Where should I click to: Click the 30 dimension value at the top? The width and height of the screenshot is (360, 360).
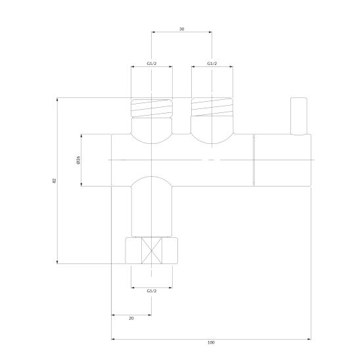[181, 29]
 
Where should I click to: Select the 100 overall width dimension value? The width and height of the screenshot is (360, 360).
[211, 342]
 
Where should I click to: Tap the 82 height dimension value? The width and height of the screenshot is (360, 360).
[55, 181]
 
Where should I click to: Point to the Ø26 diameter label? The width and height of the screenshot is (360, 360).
[78, 160]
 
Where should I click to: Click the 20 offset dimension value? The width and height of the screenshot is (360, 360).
[131, 319]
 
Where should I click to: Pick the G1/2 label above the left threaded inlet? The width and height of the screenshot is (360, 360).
[152, 64]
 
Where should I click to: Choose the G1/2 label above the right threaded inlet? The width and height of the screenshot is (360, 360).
[212, 64]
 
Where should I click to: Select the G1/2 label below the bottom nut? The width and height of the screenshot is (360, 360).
[152, 291]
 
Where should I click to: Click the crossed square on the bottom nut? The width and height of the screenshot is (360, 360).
[152, 250]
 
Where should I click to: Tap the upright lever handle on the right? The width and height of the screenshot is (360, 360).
[299, 116]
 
